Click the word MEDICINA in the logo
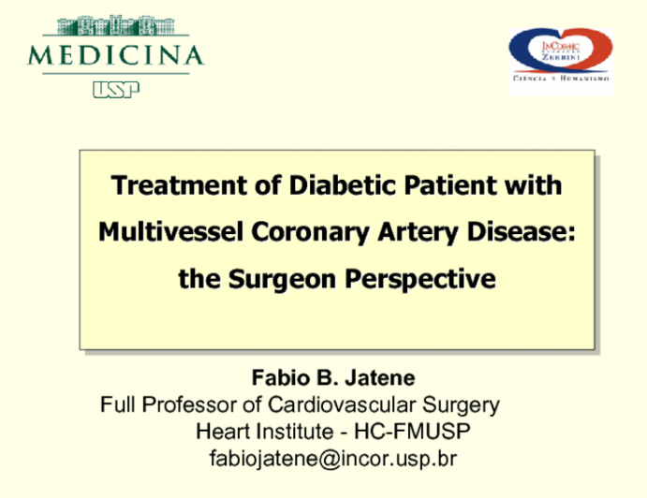pyautogui.click(x=115, y=54)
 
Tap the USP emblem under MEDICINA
pyautogui.click(x=115, y=89)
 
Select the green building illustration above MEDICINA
pyautogui.click(x=114, y=24)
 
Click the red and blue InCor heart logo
pyautogui.click(x=560, y=54)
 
